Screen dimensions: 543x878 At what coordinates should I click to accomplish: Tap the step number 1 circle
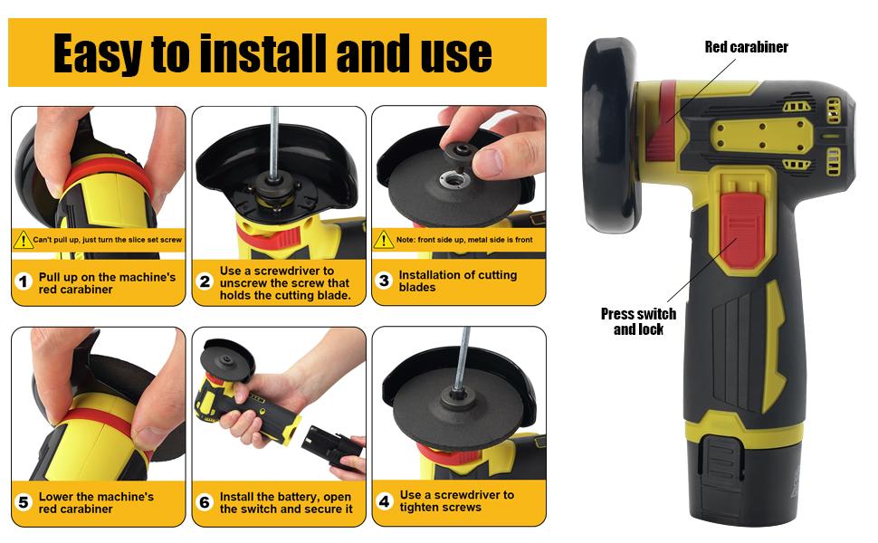pos(24,281)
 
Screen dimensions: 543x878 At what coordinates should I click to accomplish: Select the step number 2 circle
pos(205,281)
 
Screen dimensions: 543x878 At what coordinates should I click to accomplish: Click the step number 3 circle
pos(384,281)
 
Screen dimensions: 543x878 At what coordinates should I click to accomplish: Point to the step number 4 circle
pos(385,500)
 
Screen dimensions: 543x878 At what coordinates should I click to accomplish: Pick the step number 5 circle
pos(24,502)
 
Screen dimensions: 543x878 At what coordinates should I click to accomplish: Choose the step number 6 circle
pos(205,502)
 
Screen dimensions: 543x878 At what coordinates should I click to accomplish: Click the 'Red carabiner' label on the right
pos(746,47)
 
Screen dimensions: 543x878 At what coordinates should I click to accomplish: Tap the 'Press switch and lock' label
pos(638,321)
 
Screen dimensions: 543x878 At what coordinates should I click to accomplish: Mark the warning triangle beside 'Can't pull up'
pos(24,240)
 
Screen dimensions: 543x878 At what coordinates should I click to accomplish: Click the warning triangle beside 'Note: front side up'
pos(384,240)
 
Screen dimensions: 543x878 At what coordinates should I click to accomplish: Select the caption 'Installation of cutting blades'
pos(457,281)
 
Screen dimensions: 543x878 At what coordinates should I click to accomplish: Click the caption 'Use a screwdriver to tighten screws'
pos(457,500)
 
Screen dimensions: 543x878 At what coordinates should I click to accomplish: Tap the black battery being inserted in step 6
pos(335,447)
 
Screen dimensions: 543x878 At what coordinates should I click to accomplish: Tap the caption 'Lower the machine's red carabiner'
pos(96,502)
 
